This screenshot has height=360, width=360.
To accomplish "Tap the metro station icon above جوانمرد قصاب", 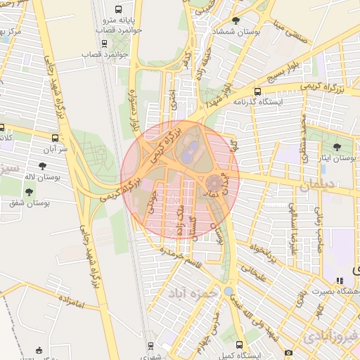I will [x=105, y=42].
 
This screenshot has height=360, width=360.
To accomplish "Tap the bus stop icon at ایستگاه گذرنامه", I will [x=257, y=91].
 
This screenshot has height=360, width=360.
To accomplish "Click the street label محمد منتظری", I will [x=304, y=138].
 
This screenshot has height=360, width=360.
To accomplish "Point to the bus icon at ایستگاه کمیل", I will [x=240, y=345].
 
